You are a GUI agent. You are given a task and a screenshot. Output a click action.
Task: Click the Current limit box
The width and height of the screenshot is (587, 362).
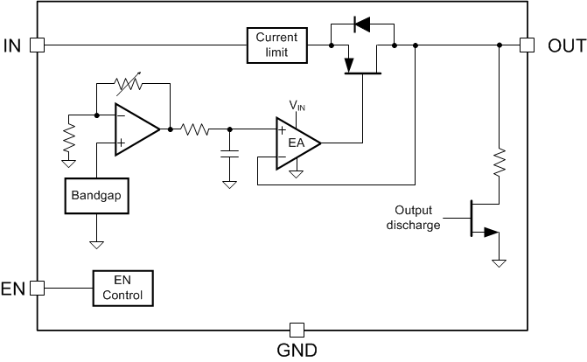point(276,45)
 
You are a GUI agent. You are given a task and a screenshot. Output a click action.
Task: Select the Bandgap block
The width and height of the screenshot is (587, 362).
point(97,197)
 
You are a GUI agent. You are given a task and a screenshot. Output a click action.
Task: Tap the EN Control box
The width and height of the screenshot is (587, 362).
point(122,288)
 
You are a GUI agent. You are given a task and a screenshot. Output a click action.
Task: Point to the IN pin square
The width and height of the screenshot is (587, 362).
point(37,45)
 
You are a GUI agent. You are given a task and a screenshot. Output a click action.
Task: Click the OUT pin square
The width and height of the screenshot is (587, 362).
point(527,45)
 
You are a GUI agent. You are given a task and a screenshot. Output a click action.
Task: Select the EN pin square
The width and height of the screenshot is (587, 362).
point(37,288)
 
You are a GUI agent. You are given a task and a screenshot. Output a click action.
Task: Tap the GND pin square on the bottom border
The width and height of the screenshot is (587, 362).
point(297,330)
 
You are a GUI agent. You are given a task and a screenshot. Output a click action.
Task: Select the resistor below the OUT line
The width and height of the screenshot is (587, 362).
point(500,163)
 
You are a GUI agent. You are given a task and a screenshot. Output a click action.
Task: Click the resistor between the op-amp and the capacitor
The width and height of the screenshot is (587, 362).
point(194,129)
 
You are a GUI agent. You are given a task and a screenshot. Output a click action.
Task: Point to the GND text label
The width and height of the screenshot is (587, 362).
point(297,351)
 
